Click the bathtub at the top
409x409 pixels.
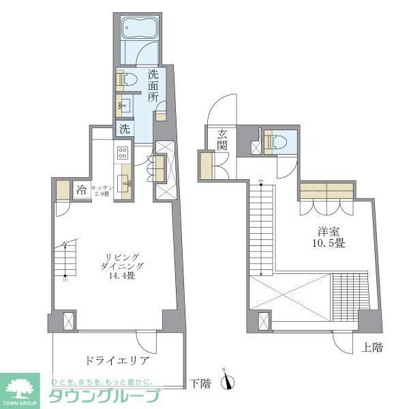coord(140,30)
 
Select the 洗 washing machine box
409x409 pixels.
coord(125,128)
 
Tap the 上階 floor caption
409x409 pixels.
coord(372,348)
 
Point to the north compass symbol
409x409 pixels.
coord(230,384)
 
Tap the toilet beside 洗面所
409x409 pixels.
coord(131,81)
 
